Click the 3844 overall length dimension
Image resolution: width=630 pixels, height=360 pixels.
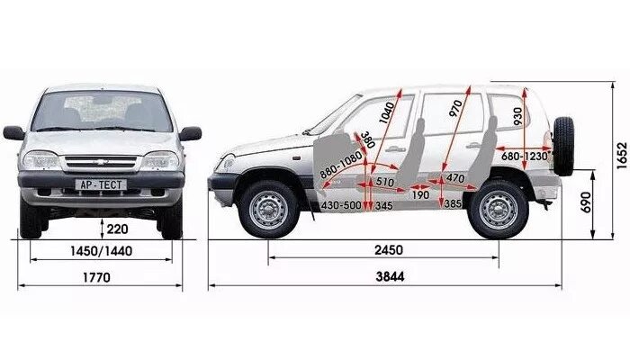tap(390, 276)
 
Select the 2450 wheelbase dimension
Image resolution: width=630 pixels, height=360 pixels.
tap(389, 249)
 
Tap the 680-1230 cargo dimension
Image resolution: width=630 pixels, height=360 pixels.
tap(525, 155)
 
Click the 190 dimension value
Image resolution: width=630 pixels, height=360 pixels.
tap(420, 194)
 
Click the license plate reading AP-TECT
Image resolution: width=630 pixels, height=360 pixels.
tap(101, 184)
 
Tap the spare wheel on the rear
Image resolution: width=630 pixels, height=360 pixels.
tap(563, 145)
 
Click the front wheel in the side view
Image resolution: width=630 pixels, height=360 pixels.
tap(268, 209)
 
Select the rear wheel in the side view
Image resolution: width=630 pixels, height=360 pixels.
tap(498, 209)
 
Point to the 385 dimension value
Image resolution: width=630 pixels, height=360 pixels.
tap(452, 205)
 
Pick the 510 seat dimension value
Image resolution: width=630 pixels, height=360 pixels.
tap(384, 181)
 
